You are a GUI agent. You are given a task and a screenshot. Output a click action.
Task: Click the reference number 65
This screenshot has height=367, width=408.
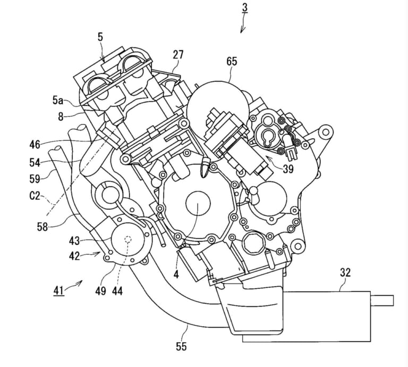pos(232,62)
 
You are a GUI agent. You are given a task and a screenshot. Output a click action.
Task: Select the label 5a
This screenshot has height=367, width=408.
pos(58,101)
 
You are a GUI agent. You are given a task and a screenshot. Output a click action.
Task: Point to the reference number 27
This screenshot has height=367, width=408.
pos(178,55)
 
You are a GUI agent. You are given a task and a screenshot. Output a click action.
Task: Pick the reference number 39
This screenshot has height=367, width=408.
pos(288,169)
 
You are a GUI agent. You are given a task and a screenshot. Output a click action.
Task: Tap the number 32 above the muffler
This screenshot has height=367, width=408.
pos(345,272)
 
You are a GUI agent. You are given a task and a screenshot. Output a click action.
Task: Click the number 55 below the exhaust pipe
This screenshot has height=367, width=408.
pos(181,346)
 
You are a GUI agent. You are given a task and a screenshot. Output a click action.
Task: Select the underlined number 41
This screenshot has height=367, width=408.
pos(58,290)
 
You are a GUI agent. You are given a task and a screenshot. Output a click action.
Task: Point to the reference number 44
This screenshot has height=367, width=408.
pos(117,291)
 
